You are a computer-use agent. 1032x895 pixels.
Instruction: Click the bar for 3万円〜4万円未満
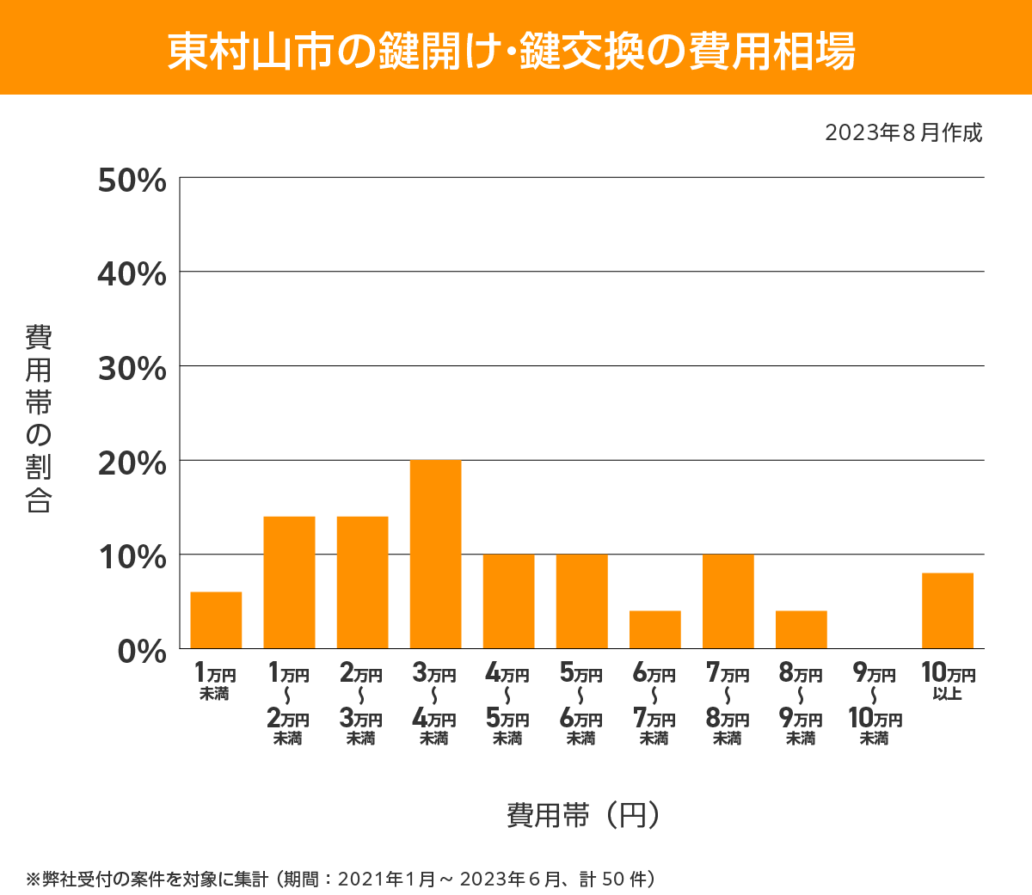[435, 555]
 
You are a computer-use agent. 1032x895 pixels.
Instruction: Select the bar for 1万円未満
[216, 620]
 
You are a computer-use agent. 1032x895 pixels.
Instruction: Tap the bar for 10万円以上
[947, 610]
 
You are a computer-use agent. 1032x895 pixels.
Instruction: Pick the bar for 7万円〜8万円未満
[728, 601]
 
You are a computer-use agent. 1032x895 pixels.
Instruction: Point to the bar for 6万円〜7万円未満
[654, 629]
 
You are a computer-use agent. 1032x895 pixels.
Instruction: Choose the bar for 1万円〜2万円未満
[289, 582]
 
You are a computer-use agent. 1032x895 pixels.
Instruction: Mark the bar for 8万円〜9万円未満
[801, 629]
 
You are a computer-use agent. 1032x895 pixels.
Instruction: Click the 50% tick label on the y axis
[132, 181]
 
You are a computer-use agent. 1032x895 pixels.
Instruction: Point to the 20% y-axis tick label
[132, 463]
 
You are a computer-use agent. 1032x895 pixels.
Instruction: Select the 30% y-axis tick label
[132, 369]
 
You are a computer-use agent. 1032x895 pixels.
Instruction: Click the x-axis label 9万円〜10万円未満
[875, 704]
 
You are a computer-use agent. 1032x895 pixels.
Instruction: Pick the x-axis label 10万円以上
[948, 681]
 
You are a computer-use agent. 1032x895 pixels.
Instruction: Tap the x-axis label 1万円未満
[215, 681]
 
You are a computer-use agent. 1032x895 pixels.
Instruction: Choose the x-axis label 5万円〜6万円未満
[581, 704]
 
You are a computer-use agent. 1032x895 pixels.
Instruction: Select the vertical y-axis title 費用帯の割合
[39, 419]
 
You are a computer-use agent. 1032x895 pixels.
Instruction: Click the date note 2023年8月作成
[903, 133]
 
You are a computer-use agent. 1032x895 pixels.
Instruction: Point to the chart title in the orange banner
[512, 51]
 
